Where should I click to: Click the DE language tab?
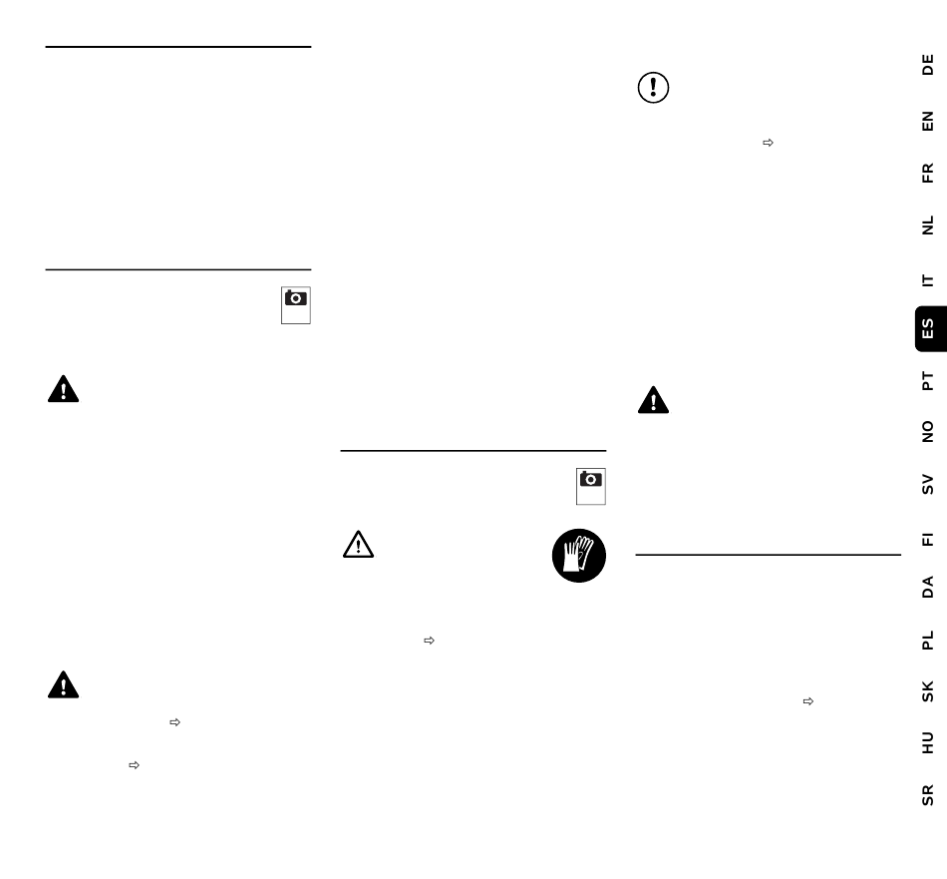click(928, 65)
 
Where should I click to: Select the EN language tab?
click(928, 121)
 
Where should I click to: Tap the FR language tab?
click(928, 173)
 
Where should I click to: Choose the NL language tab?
click(928, 224)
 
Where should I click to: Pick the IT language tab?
click(928, 280)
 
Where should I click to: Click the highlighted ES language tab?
click(931, 329)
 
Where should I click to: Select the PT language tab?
click(928, 381)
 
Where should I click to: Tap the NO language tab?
click(928, 432)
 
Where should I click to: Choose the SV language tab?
click(928, 484)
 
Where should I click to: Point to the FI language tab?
click(928, 539)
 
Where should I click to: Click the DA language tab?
click(928, 587)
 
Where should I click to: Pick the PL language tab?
click(928, 640)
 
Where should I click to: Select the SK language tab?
click(928, 691)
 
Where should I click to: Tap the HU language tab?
click(928, 743)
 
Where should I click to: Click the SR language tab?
click(928, 795)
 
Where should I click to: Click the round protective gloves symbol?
click(578, 556)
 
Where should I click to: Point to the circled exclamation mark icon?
click(654, 88)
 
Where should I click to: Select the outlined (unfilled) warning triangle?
click(358, 544)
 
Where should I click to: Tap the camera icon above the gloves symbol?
click(591, 486)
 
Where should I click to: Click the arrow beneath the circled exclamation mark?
click(768, 143)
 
